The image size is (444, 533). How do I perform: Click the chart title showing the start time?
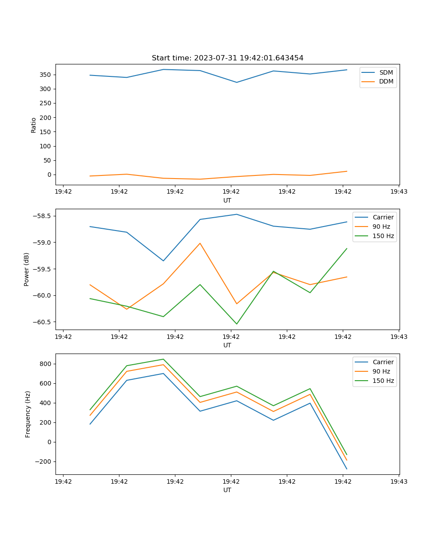point(227,58)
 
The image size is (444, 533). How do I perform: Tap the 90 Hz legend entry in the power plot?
point(381,227)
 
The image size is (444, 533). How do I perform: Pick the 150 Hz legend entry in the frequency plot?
point(383,381)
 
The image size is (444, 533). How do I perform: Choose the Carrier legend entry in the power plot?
point(383,217)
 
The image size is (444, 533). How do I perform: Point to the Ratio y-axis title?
point(34,125)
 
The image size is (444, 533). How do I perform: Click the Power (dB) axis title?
point(27,269)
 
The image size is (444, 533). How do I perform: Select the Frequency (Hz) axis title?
point(28,414)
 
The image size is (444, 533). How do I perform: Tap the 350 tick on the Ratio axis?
point(46,75)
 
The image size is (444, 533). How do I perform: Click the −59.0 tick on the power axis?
point(43,243)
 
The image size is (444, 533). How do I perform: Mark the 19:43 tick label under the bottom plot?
point(399,481)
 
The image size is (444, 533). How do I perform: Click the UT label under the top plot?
point(227,200)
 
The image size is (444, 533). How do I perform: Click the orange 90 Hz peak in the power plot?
point(200,243)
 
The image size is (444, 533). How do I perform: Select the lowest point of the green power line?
point(237,324)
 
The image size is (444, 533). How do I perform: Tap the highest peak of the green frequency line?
point(163,359)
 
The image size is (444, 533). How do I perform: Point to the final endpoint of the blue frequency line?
point(347,469)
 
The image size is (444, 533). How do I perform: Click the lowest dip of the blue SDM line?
point(237,82)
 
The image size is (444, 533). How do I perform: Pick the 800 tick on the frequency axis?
point(46,364)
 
